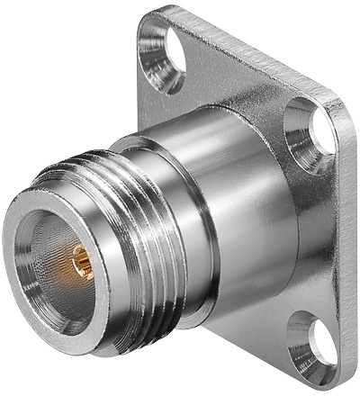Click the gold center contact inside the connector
[79, 260]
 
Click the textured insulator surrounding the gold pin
[63, 270]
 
